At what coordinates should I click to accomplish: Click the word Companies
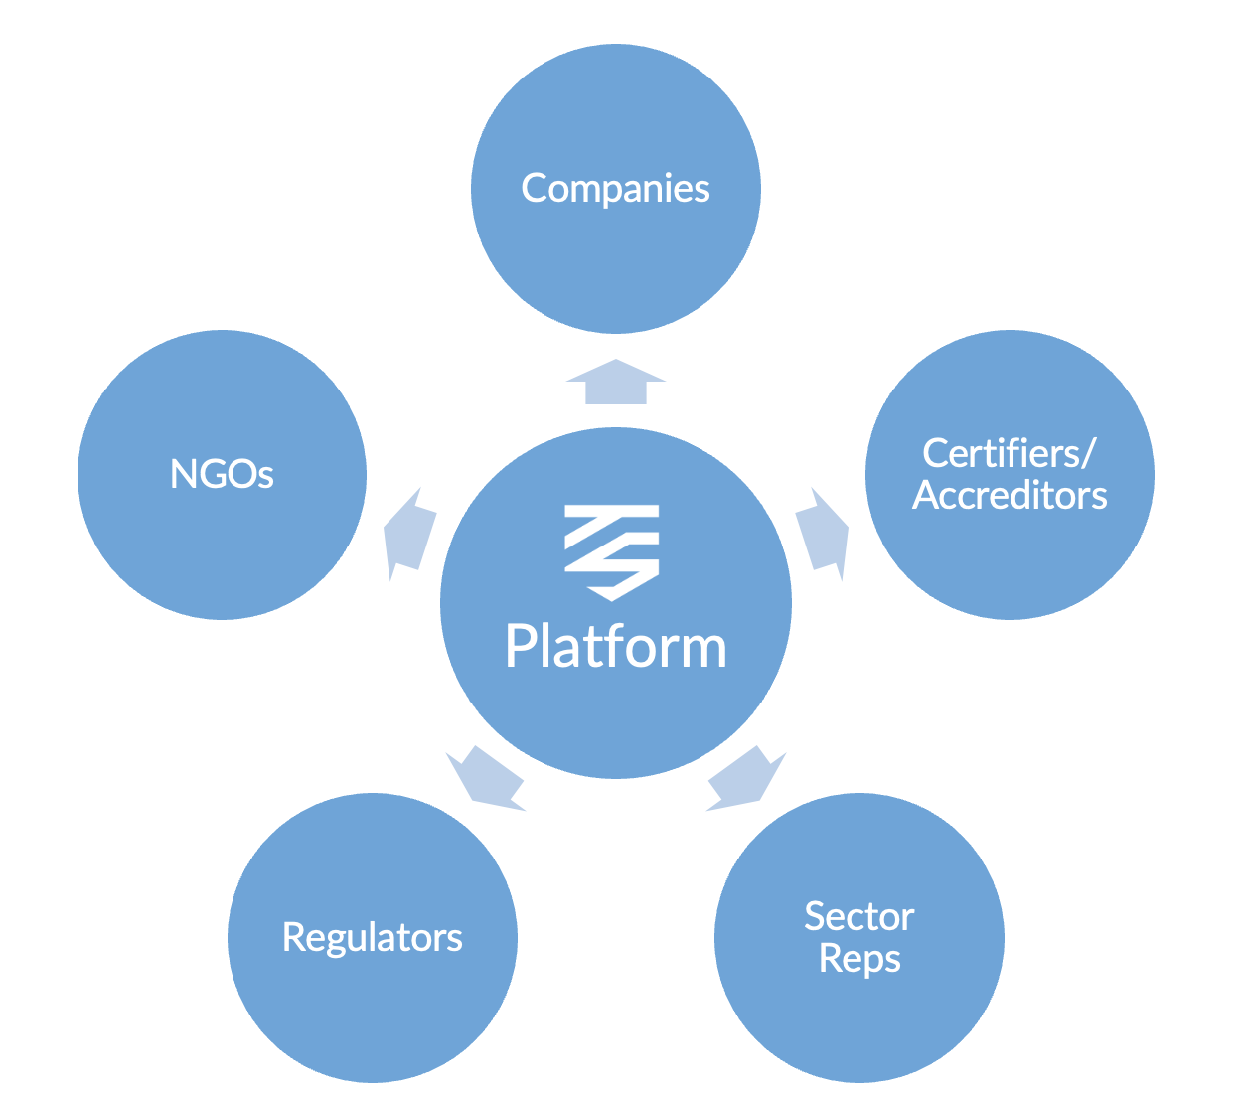pos(615,188)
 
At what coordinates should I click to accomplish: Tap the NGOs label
pos(222,474)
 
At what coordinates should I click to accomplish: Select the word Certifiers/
pos(1009,453)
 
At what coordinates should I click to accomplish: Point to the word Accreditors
pos(1010,495)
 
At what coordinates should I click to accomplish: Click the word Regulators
pos(373,937)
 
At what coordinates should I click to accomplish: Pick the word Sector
pos(859,916)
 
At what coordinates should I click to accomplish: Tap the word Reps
pos(859,959)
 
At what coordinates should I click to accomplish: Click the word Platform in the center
pos(616,647)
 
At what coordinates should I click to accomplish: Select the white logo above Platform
pos(612,551)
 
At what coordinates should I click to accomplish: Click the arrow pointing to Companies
pos(616,383)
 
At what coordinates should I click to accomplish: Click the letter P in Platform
pos(521,647)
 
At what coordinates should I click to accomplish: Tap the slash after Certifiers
pos(1089,453)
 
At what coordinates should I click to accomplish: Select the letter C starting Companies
pos(534,188)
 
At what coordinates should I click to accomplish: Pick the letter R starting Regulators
pos(292,937)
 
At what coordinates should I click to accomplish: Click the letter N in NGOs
pos(183,474)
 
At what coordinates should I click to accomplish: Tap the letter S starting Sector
pos(814,916)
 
